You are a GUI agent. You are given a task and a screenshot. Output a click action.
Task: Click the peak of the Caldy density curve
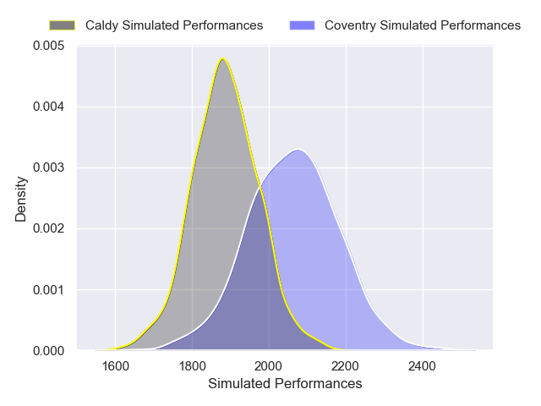pos(223,58)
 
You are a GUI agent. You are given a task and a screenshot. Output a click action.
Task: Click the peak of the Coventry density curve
pos(298,150)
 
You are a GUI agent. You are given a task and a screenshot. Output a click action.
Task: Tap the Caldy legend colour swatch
pos(63,25)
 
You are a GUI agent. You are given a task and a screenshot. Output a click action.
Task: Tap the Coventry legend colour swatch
pos(302,25)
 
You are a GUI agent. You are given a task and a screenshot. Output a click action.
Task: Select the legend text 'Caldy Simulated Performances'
pos(174,25)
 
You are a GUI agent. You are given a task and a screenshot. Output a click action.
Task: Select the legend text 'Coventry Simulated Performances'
pos(423,25)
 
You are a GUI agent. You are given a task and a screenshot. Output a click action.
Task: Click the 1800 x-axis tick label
pos(192,366)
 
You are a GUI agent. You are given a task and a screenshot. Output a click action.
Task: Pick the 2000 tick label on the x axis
pos(269,366)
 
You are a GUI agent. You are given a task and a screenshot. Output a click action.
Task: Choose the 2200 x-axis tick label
pos(346,366)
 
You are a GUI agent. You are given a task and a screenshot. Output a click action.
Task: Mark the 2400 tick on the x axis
pos(423,366)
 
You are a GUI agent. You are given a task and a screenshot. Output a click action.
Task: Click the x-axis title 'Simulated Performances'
pos(284,384)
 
